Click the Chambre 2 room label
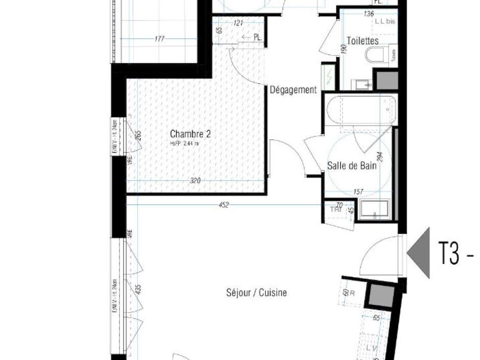tap(190, 134)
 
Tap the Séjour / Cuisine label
tap(256, 293)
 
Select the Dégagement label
tap(293, 90)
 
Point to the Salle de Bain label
tap(352, 166)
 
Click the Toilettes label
tap(363, 41)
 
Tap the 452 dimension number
tap(223, 205)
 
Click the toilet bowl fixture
tap(376, 55)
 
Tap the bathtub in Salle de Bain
tap(360, 109)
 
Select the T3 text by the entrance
tap(449, 254)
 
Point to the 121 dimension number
tap(238, 23)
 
